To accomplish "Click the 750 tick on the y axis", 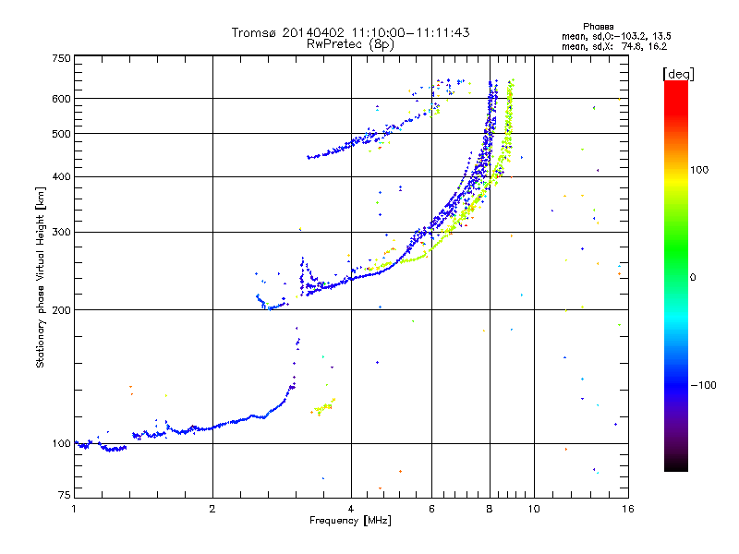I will pyautogui.click(x=62, y=57).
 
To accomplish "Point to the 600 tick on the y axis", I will pyautogui.click(x=62, y=98).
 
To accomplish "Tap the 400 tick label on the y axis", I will pyautogui.click(x=62, y=176).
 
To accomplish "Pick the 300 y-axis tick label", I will pyautogui.click(x=62, y=232).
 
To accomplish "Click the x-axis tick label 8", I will pyautogui.click(x=490, y=509).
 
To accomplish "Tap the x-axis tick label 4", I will pyautogui.click(x=351, y=509).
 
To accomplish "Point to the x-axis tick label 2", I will pyautogui.click(x=212, y=509).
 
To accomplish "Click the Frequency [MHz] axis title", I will pyautogui.click(x=351, y=521).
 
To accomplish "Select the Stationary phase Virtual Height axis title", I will pyautogui.click(x=41, y=277).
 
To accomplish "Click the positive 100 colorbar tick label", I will pyautogui.click(x=704, y=170).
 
